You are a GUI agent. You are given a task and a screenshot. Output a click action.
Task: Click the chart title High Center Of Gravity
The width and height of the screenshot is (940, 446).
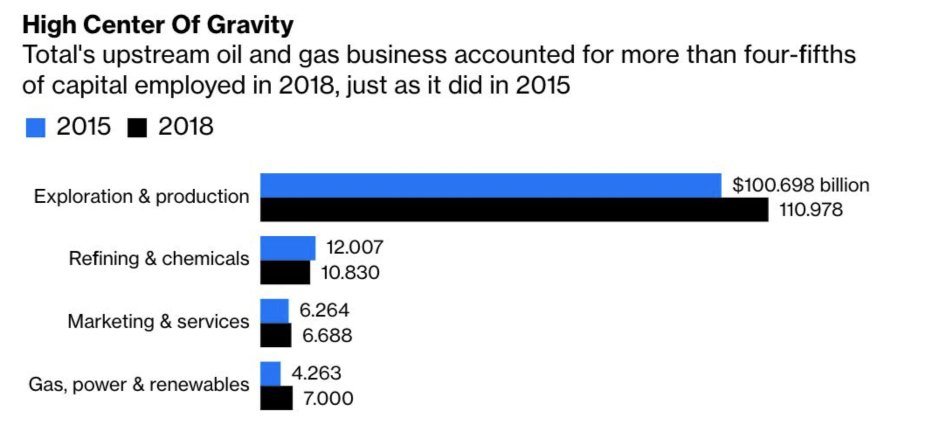158,25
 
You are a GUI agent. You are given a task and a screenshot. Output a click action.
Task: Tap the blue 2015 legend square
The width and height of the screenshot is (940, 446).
35,128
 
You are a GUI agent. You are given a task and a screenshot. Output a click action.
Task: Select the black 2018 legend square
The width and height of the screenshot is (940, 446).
137,128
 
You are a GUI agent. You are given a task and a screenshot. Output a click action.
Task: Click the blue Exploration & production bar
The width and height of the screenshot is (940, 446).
490,185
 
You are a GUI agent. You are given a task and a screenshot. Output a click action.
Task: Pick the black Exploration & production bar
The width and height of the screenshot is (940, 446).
514,210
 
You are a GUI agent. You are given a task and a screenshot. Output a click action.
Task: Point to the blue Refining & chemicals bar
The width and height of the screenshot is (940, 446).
287,248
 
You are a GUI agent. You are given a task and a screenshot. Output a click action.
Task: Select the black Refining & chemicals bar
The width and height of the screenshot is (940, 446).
285,273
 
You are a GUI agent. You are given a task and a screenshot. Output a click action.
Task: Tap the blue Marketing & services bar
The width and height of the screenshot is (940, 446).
274,311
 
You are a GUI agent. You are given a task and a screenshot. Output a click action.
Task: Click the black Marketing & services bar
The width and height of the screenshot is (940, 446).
276,335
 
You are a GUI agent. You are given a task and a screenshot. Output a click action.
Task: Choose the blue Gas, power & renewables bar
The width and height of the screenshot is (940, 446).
270,374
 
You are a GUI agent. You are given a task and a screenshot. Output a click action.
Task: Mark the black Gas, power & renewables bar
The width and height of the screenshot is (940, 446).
276,398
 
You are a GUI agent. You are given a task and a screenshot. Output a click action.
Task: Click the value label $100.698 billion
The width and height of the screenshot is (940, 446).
801,185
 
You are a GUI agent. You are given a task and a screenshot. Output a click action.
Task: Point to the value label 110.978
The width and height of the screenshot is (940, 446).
811,210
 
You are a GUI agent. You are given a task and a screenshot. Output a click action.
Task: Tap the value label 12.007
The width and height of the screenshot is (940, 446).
355,247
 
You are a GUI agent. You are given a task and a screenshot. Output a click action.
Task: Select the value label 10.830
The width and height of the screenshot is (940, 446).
350,273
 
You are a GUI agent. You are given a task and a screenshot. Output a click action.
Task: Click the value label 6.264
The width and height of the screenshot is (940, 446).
324,310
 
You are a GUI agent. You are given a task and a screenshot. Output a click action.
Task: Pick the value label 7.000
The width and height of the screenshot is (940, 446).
328,398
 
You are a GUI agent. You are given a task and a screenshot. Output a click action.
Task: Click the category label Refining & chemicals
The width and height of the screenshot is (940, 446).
159,259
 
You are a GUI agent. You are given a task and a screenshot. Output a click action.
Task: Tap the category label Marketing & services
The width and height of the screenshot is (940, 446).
158,322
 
